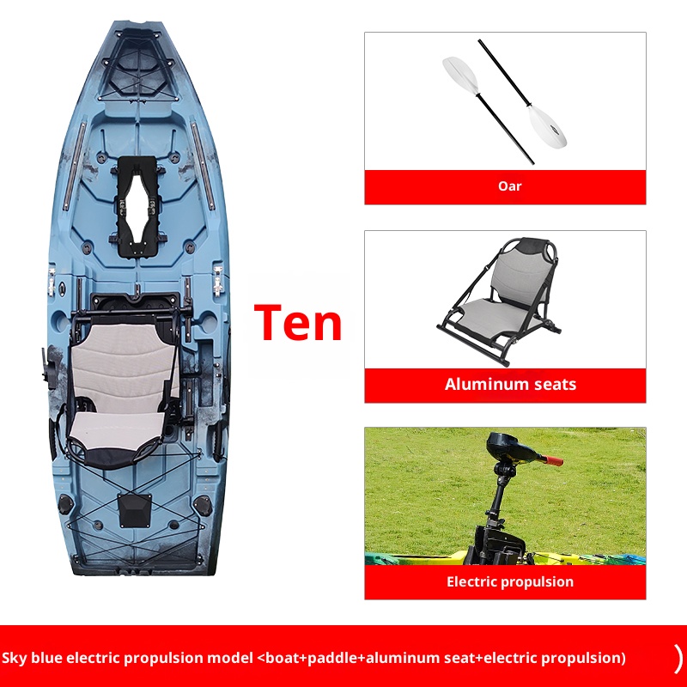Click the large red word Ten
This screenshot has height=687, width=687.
(298, 322)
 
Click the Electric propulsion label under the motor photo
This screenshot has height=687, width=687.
(510, 581)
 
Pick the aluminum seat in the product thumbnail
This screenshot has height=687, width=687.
(499, 291)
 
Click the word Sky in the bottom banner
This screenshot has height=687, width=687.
(15, 659)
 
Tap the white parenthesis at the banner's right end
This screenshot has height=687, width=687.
(678, 658)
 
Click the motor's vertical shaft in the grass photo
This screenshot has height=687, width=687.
(498, 502)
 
